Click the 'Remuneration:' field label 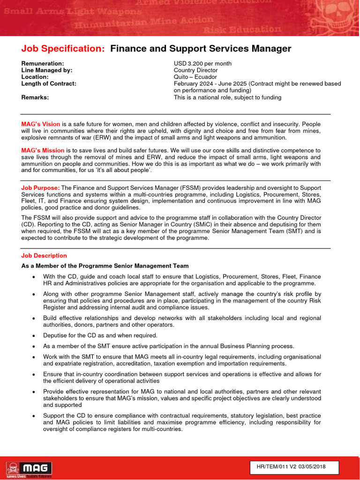point(43,63)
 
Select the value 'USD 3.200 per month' point(202,63)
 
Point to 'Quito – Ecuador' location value point(195,77)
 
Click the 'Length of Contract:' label point(49,83)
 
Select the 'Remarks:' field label point(35,97)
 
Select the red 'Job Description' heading point(44,255)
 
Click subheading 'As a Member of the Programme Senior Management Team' point(105,266)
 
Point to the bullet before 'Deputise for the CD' point(33,336)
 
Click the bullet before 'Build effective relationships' point(33,318)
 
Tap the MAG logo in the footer point(29,468)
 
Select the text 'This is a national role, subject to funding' point(227,97)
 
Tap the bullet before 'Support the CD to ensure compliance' point(33,416)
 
